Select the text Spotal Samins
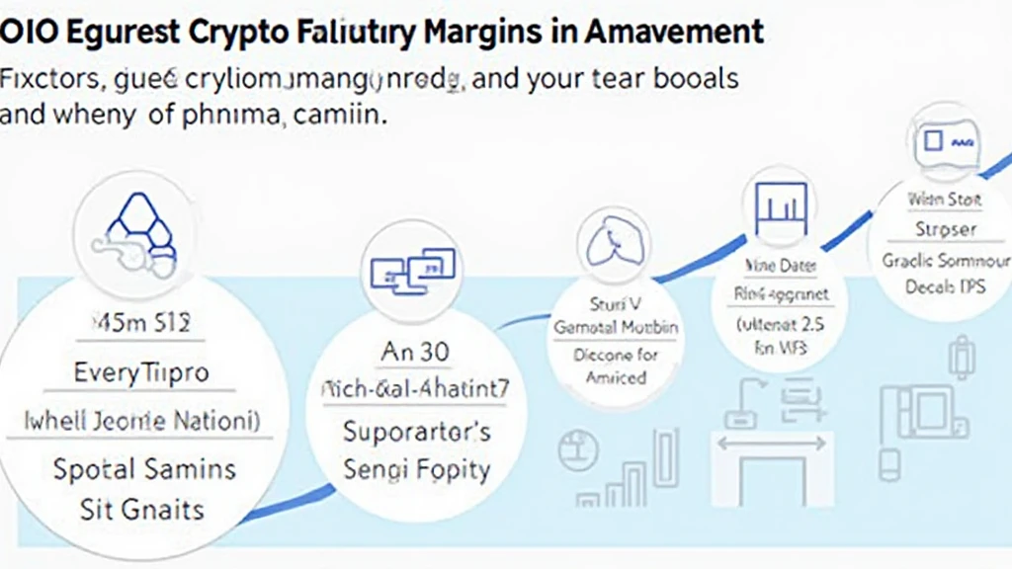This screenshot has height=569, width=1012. (143, 467)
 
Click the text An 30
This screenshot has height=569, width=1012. (413, 354)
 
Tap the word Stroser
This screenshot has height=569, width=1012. (943, 229)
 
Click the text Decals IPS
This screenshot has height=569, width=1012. (943, 287)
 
